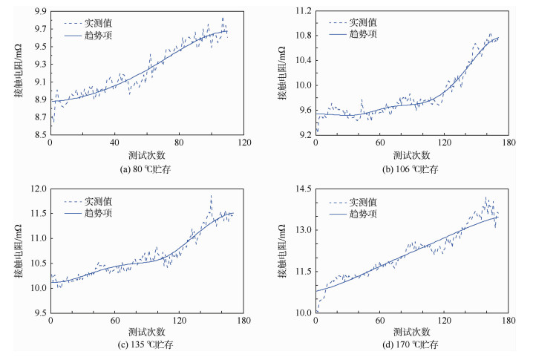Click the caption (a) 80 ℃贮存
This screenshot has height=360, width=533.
[146, 169]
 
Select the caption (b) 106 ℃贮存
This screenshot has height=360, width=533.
[411, 169]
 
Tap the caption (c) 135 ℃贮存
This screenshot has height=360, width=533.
[146, 345]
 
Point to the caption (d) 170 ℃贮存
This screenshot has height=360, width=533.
[411, 345]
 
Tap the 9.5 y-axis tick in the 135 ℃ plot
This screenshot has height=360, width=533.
[39, 312]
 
